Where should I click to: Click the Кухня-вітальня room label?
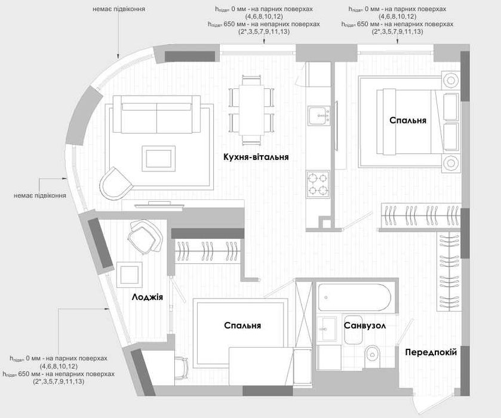point(256,157)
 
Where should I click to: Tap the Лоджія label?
point(147,297)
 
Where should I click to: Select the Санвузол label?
point(365,325)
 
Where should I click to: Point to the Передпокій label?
point(431,352)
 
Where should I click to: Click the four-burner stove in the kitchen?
point(318,184)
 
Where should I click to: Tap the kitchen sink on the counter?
point(319,116)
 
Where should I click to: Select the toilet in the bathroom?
point(371,355)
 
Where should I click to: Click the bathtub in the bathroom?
point(355,297)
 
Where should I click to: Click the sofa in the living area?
point(156,115)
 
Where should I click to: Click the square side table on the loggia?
point(130,275)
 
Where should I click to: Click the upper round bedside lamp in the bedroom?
point(450,80)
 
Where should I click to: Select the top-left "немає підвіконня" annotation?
point(119,9)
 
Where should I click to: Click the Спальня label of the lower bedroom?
point(242,325)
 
